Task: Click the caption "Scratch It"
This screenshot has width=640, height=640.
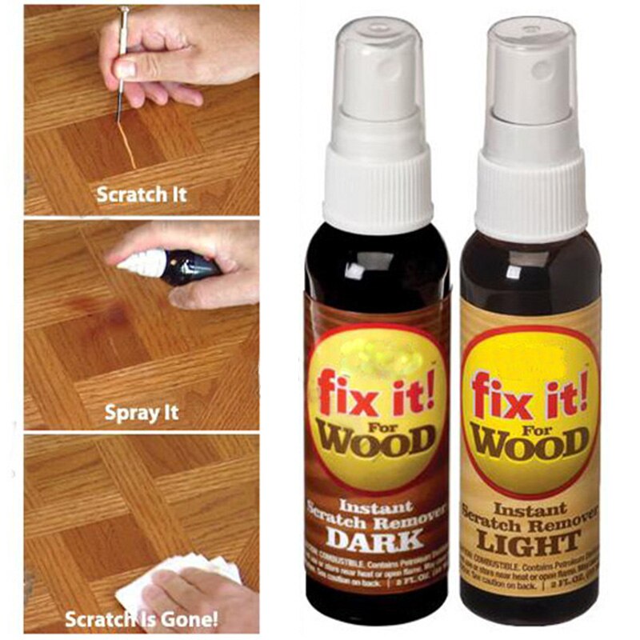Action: [142, 194]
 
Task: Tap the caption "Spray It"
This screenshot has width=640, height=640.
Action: [142, 414]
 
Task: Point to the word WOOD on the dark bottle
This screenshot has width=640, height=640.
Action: [377, 438]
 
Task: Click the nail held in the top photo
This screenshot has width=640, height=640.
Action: [122, 64]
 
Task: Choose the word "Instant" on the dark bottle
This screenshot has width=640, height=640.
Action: [364, 506]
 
